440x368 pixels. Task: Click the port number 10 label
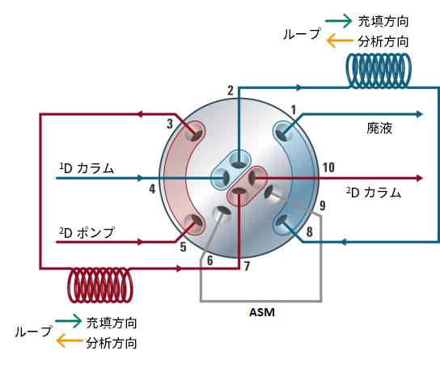(x=328, y=167)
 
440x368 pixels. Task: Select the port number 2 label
(x=231, y=91)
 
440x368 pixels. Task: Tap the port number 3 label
(x=170, y=124)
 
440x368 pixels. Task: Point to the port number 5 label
(x=183, y=247)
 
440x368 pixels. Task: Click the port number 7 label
(x=247, y=266)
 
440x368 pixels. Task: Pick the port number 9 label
(x=323, y=205)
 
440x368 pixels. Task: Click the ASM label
(x=262, y=312)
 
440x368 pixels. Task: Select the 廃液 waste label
(x=379, y=129)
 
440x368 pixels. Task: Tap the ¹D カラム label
(x=87, y=168)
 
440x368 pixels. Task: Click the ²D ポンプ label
(x=87, y=232)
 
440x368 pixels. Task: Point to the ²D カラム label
(x=374, y=192)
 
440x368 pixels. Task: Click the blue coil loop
(x=379, y=70)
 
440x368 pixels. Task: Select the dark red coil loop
(x=100, y=285)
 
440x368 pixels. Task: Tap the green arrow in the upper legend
(x=339, y=21)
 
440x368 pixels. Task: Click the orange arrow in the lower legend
(x=70, y=341)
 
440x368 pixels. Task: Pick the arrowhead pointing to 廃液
(x=420, y=114)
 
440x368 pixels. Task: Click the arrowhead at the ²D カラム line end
(x=420, y=178)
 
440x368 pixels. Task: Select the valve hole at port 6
(x=222, y=214)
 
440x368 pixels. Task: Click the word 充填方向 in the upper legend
(x=383, y=21)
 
